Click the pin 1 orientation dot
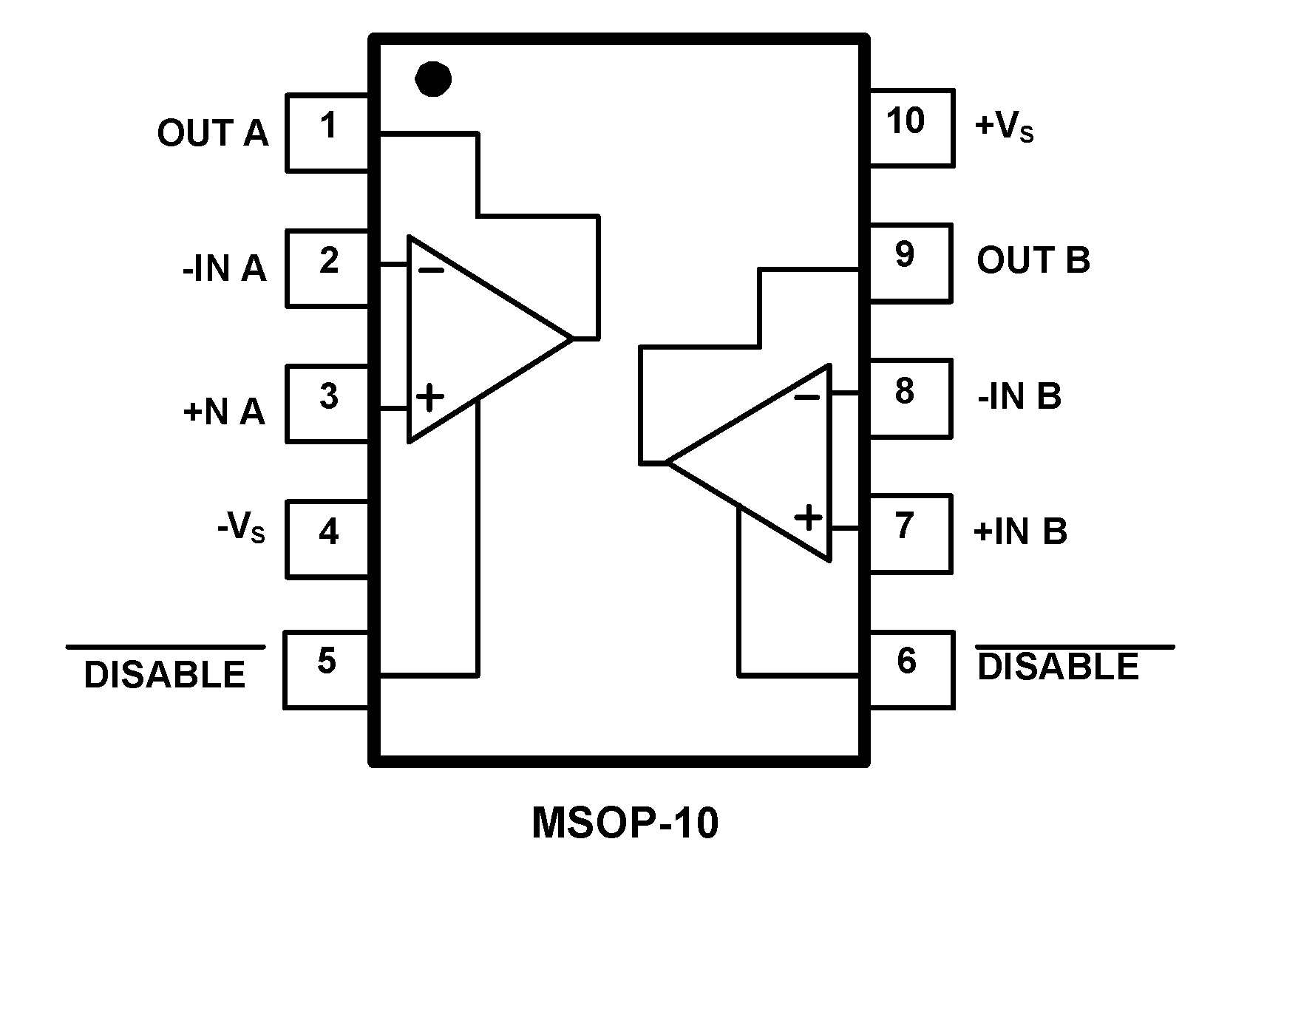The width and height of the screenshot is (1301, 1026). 433,78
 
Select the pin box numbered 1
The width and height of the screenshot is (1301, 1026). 327,133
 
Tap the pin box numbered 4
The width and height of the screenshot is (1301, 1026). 327,539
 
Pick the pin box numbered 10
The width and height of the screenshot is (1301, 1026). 911,127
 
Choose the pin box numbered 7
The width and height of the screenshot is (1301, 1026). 909,533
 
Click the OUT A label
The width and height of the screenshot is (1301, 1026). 212,134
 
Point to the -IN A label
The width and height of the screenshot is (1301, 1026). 224,268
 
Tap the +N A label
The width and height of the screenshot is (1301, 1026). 224,411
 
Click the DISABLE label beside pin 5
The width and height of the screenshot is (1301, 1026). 165,674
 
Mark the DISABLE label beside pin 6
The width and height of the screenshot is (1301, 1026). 1059,666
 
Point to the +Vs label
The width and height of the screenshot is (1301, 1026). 1004,126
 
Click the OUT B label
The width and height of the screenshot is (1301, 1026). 1033,260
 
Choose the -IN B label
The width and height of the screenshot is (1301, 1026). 1019,397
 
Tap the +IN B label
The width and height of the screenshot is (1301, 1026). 1021,531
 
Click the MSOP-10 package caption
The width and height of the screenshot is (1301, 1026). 625,823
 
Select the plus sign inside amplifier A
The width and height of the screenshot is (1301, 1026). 429,397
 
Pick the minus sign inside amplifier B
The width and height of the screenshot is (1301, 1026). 806,398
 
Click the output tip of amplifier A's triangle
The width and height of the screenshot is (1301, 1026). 571,339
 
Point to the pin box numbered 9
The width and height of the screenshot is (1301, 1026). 909,262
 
